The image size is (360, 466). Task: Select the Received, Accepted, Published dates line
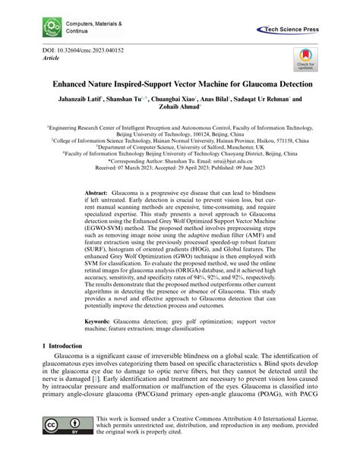tap(179, 168)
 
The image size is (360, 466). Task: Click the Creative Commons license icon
tap(65, 446)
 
